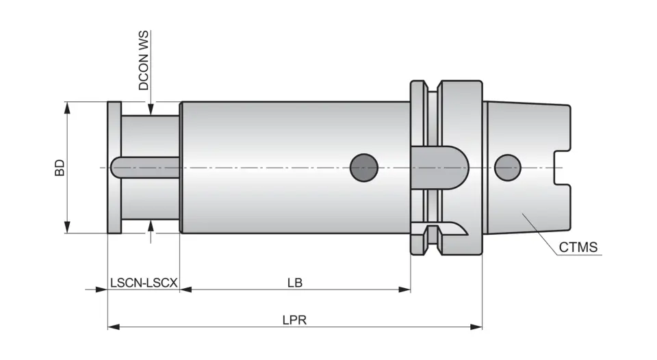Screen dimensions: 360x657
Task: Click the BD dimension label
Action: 60,168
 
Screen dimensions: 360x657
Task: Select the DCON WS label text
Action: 144,61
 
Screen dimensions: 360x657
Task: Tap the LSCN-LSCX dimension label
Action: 144,282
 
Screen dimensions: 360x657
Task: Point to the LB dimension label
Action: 295,282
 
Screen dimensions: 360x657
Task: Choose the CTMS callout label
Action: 578,247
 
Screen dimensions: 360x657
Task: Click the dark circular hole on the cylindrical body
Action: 363,167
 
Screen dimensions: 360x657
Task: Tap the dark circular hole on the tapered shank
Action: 507,167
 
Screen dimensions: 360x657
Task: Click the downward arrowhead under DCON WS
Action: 151,109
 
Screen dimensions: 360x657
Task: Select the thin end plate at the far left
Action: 114,168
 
